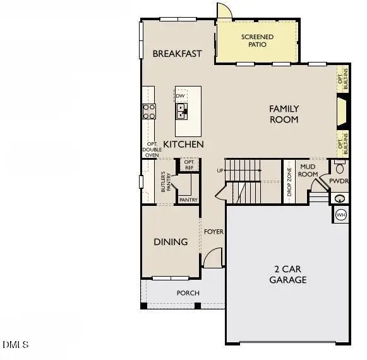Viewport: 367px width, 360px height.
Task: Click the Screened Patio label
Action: pos(258,41)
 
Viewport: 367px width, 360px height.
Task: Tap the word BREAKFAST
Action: pos(177,54)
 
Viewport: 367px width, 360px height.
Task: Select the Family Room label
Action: pos(284,114)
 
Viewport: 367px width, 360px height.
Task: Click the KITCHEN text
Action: pos(183,145)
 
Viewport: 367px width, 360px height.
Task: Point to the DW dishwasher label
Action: pos(180,96)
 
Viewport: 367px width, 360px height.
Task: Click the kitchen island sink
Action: pos(181,111)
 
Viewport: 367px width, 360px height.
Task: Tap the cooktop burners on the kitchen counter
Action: pos(149,112)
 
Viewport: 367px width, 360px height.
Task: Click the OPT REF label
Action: pos(189,164)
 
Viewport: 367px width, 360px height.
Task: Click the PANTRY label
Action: pos(188,200)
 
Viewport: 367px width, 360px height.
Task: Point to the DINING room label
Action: pos(171,242)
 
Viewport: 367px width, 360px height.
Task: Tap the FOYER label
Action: pos(214,232)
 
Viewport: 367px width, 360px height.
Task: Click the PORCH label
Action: pos(188,293)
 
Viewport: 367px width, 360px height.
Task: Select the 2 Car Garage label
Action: pos(288,274)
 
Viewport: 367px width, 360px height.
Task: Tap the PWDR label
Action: pos(339,181)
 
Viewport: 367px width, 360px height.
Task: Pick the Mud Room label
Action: pos(308,170)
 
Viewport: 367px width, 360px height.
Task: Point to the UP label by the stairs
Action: pos(220,171)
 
